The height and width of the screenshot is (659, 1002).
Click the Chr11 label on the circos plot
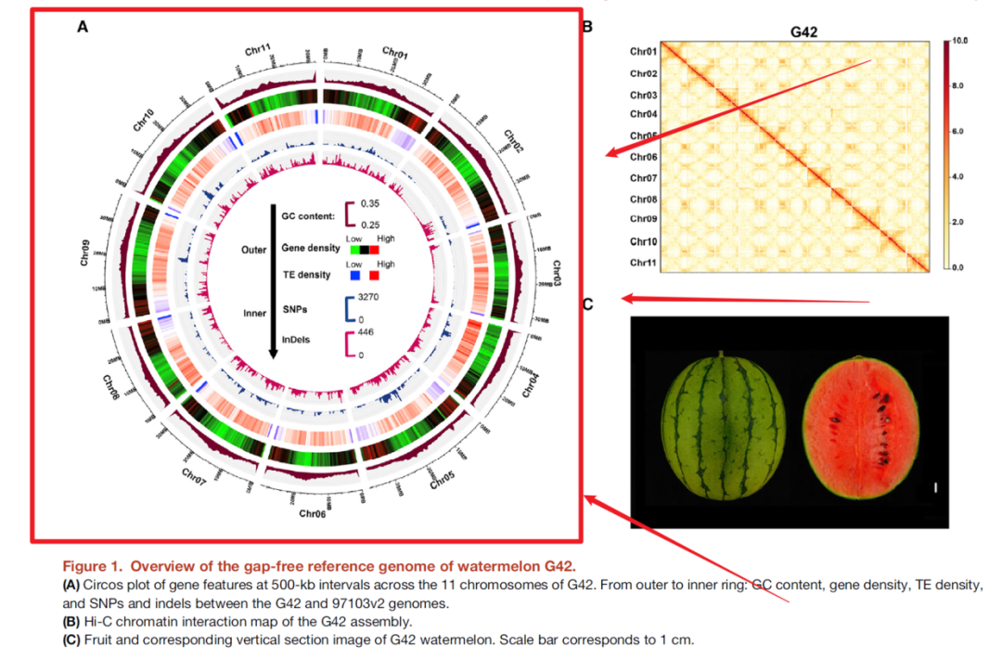pos(258,49)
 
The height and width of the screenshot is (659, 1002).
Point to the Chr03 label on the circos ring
pos(557,274)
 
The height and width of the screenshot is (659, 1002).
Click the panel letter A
pos(83,28)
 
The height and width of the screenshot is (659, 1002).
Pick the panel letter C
pos(587,304)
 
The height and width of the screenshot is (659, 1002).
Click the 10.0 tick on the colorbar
pos(961,43)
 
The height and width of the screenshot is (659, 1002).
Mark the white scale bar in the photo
pos(936,486)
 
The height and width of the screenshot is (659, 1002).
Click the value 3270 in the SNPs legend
pos(371,297)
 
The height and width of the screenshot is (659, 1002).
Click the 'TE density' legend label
pos(308,276)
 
